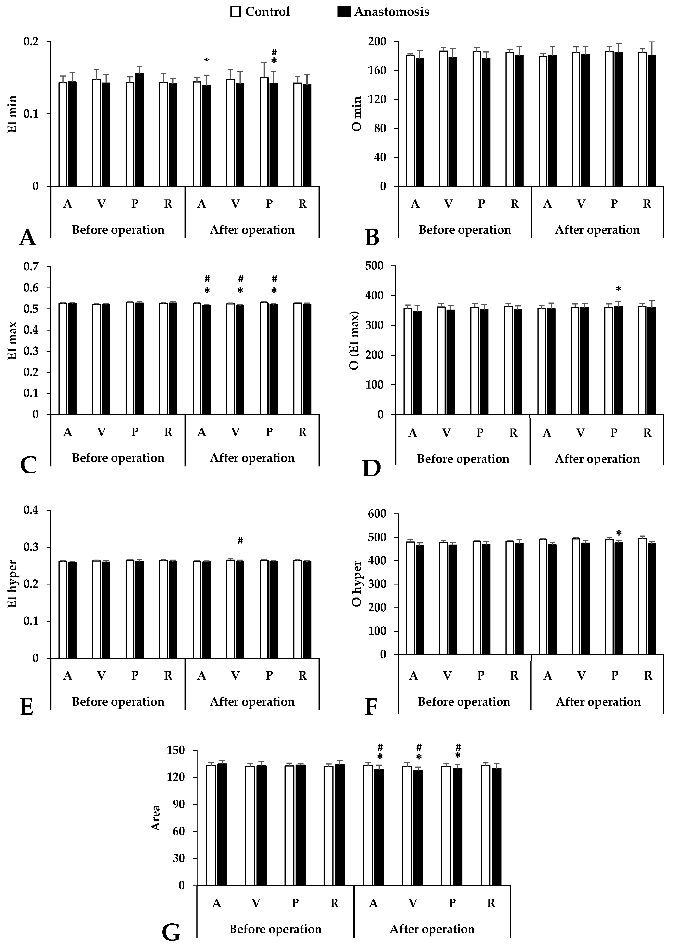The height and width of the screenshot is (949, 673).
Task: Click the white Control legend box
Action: (x=235, y=12)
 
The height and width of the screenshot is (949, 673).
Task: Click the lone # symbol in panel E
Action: (x=240, y=541)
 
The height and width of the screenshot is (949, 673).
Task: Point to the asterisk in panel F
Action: (x=619, y=533)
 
